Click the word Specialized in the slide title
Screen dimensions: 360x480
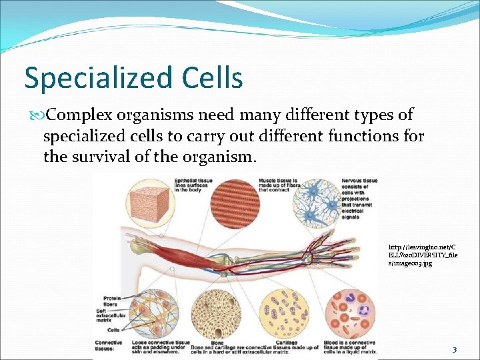(100, 79)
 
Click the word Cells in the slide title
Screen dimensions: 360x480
(212, 77)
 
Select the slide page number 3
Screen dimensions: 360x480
(454, 350)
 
